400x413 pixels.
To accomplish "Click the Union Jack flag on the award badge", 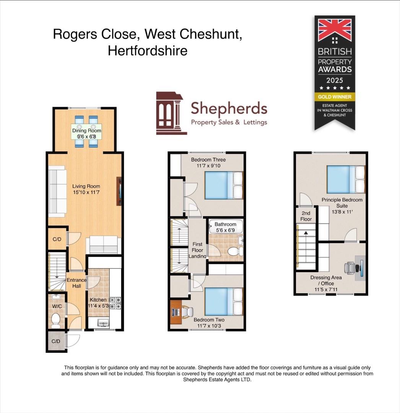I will coord(335,30).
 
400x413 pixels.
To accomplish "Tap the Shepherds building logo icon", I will coord(171,114).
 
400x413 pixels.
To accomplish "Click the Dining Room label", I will coord(87,131).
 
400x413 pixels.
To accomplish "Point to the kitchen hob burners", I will coord(115,303).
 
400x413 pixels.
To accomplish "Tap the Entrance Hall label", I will coord(76,283).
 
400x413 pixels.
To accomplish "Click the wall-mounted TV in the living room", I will coord(120,191).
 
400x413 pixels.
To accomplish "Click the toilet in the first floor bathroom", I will coord(233,252).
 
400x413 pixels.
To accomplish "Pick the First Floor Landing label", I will coord(197,250).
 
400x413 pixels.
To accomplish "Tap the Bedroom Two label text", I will coord(209,320).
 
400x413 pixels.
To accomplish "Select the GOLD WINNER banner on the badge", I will coord(335,97).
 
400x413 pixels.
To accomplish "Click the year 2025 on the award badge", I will coord(335,80).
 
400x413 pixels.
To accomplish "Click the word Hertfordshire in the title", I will coord(148,50).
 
